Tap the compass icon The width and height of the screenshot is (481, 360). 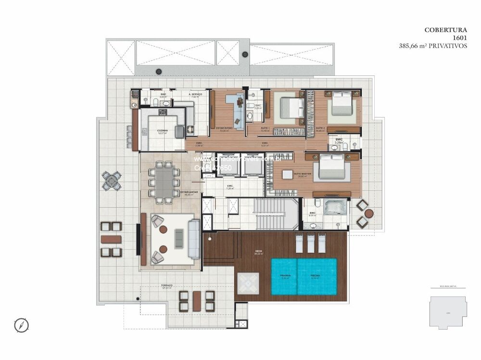[x=22, y=325]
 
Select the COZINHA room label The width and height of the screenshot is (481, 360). [x=162, y=130]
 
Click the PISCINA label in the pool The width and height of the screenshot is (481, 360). [x=316, y=276]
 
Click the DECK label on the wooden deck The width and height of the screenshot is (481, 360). [x=258, y=251]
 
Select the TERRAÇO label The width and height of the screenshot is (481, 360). [x=166, y=286]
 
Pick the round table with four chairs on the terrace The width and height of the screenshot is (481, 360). [x=112, y=181]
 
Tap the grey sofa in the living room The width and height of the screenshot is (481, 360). [x=194, y=238]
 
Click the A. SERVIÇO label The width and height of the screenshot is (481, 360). [x=195, y=95]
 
